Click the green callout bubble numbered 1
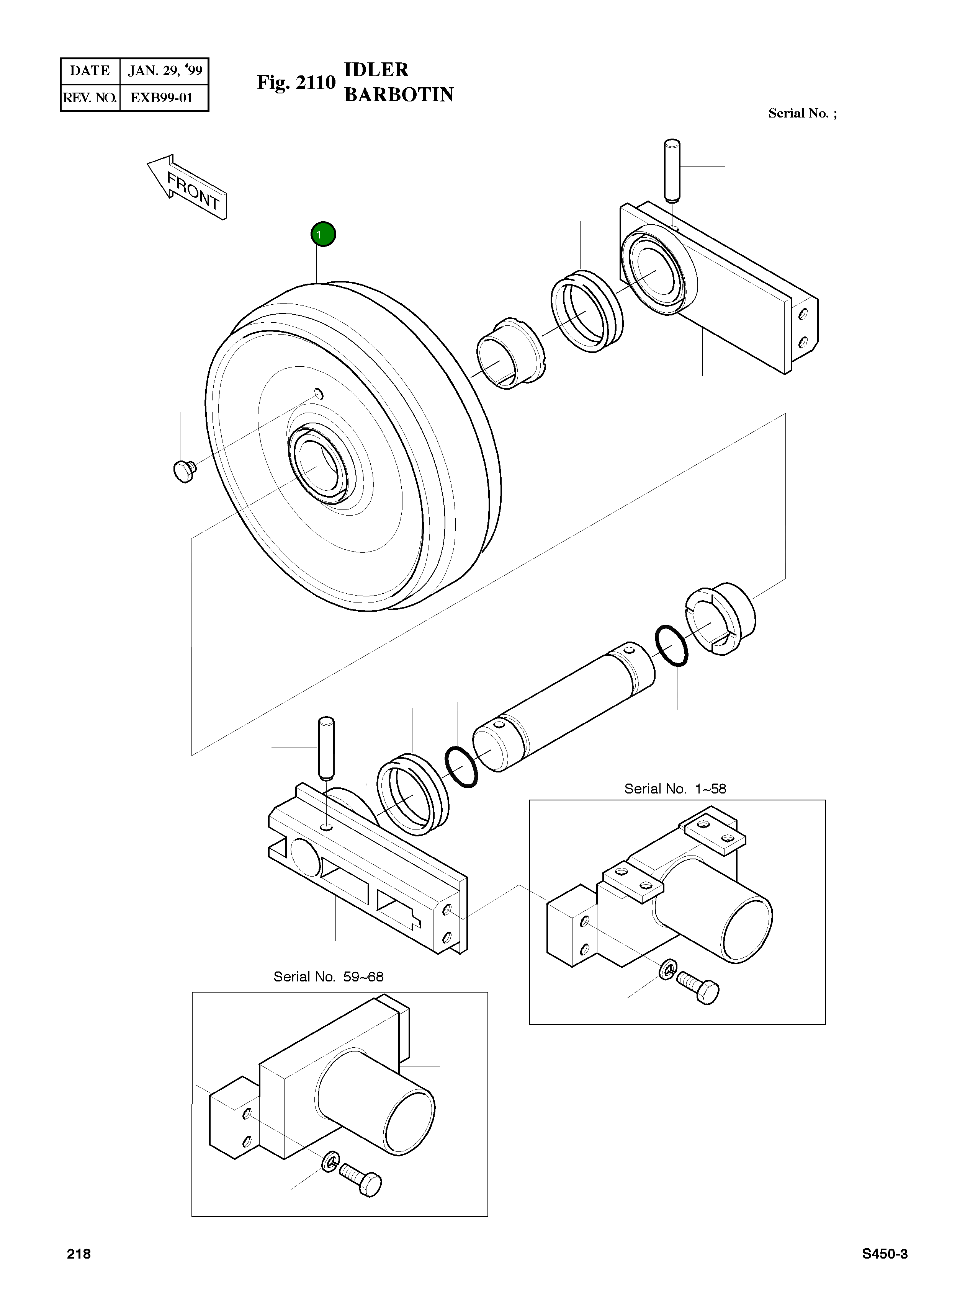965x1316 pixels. [x=323, y=235]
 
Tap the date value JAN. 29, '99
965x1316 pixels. [x=165, y=71]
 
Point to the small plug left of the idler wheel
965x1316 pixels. [x=184, y=470]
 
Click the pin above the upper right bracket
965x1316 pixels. [x=672, y=170]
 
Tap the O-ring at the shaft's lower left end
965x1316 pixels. [x=461, y=767]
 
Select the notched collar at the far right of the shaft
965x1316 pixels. [x=721, y=619]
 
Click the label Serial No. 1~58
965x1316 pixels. [x=675, y=789]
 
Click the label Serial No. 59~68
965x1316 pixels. [x=328, y=977]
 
